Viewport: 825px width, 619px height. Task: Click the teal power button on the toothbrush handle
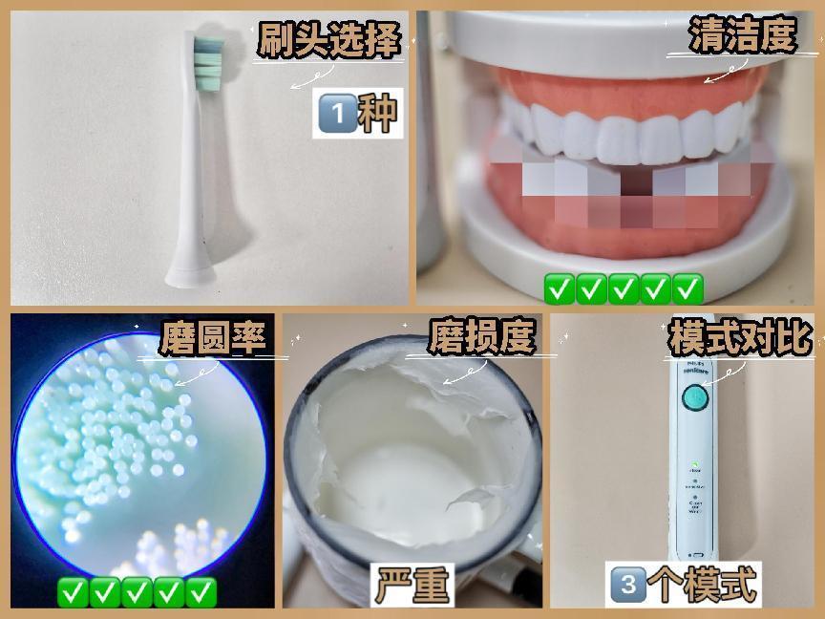tap(694, 398)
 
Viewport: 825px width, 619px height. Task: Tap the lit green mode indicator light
tap(695, 464)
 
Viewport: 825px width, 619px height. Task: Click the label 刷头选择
tap(327, 40)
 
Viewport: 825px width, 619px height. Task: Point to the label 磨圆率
tap(212, 338)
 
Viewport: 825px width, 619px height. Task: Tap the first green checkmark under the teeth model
tap(559, 288)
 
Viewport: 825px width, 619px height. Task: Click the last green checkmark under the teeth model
tap(688, 288)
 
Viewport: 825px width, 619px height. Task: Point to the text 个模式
tap(703, 585)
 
